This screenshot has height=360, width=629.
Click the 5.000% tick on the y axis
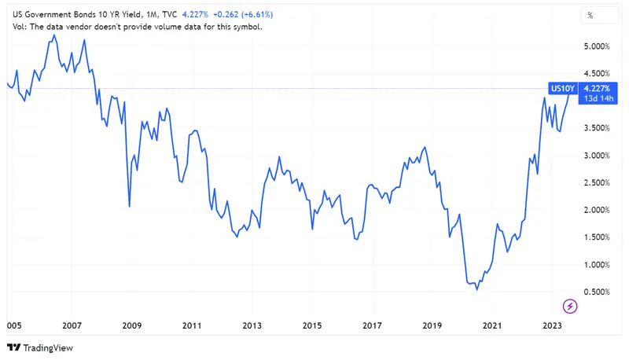pyautogui.click(x=600, y=46)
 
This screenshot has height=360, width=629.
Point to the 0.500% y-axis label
pyautogui.click(x=600, y=292)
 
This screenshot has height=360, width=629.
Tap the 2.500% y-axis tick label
pyautogui.click(x=600, y=183)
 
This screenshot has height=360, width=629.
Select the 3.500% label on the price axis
pyautogui.click(x=600, y=128)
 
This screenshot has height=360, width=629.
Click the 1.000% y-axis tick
pyautogui.click(x=600, y=265)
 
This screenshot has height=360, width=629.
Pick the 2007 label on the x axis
pyautogui.click(x=72, y=325)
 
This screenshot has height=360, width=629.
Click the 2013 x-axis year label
pyautogui.click(x=252, y=325)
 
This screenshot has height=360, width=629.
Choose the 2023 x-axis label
pyautogui.click(x=552, y=325)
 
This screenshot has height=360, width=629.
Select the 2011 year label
pyautogui.click(x=192, y=325)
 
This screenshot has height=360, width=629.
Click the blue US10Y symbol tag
pyautogui.click(x=561, y=88)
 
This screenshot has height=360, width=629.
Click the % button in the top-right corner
pyautogui.click(x=590, y=15)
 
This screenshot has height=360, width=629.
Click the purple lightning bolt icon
pyautogui.click(x=571, y=305)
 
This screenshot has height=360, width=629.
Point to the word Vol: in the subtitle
pyautogui.click(x=17, y=27)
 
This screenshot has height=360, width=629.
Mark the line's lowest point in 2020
pyautogui.click(x=476, y=289)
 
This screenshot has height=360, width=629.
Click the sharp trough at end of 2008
pyautogui.click(x=129, y=207)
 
